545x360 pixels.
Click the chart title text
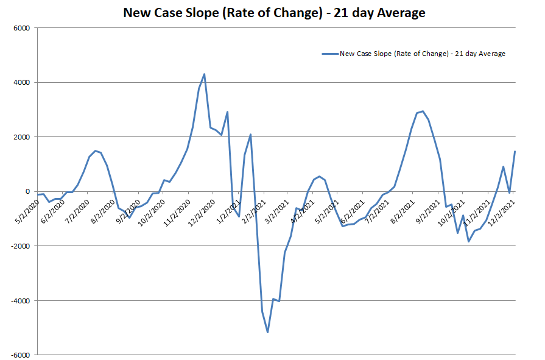click(274, 12)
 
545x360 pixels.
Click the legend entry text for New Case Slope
click(423, 54)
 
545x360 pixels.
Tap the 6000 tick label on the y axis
click(21, 27)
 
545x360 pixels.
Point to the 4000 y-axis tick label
click(21, 82)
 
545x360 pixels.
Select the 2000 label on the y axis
click(21, 137)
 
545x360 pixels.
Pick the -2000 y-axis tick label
click(20, 246)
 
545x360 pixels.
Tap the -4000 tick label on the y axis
click(20, 300)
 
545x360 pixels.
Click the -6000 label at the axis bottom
click(20, 355)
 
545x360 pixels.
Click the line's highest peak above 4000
click(204, 74)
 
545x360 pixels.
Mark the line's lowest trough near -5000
click(267, 332)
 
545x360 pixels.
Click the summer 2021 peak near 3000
click(423, 111)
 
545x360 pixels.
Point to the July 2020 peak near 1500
click(95, 150)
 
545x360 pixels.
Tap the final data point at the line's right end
click(515, 151)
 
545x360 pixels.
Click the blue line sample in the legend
click(329, 54)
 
